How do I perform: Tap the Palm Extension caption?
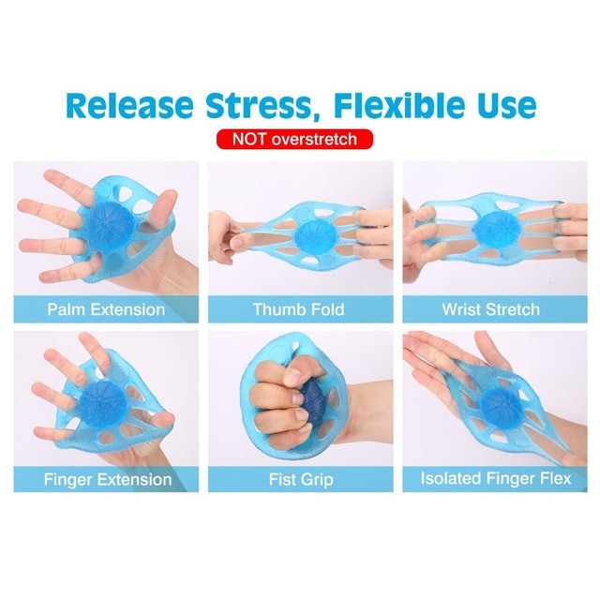(105, 309)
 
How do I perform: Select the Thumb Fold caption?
(299, 309)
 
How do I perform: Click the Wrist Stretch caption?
(491, 309)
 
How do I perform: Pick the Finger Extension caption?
(107, 479)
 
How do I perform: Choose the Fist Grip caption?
(299, 479)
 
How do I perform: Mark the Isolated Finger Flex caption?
(492, 479)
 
